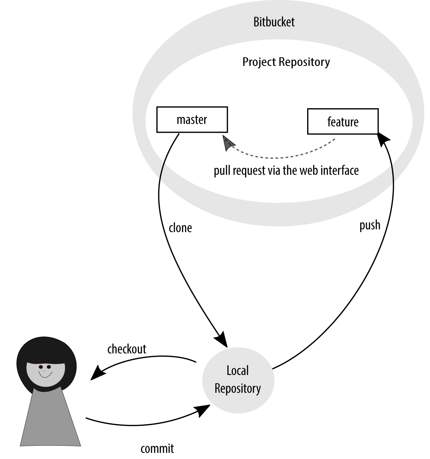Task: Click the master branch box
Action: pos(192,120)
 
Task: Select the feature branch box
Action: pos(343,121)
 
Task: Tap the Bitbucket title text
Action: pos(274,22)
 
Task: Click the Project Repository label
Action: pos(286,62)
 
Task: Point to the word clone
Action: pos(180,228)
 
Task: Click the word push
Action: pos(370,225)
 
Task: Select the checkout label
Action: pos(127,349)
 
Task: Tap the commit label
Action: pos(157,449)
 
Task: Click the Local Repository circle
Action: pos(238,380)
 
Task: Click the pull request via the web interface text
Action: pos(286,171)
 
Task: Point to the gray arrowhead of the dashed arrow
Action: pos(228,143)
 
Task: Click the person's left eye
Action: pos(41,367)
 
